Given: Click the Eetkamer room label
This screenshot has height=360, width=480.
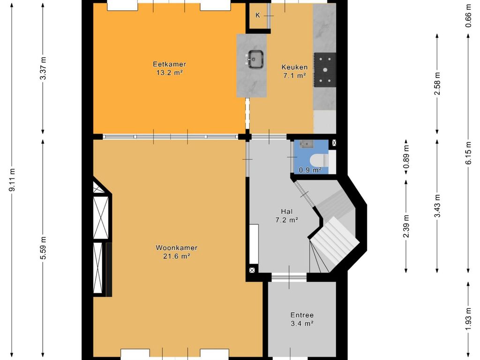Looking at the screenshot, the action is point(169,64).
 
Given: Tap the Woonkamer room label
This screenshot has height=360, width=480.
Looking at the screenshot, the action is point(176,247).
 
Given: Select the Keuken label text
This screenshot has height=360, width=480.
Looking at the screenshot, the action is point(294,67).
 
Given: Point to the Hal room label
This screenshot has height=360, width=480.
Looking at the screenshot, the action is point(286,211).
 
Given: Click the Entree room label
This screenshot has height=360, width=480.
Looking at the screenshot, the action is point(302,315).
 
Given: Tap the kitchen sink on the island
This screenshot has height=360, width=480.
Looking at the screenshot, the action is point(255,59).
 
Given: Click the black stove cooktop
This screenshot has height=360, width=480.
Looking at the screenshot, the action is point(325,70).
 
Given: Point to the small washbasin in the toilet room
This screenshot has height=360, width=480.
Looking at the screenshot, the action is point(305,144).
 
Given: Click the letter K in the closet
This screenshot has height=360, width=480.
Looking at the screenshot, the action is point(258,15).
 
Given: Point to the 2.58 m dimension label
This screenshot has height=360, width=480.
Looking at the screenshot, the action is point(437,83).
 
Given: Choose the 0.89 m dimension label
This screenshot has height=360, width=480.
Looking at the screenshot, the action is point(406,157).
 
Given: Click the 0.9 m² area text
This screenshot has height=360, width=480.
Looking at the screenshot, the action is point(310,170).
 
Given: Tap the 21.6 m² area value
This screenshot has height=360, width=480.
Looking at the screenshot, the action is point(176,256).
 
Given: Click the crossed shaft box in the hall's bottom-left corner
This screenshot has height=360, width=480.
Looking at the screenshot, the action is point(252,270).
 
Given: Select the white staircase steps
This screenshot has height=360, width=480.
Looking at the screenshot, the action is point(334,242).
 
